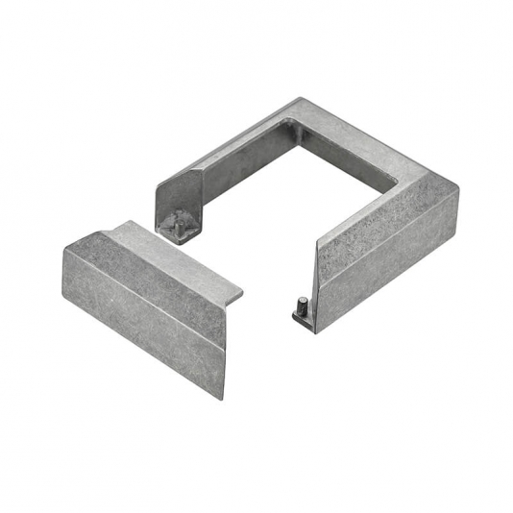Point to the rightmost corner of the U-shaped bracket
(458, 191)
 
